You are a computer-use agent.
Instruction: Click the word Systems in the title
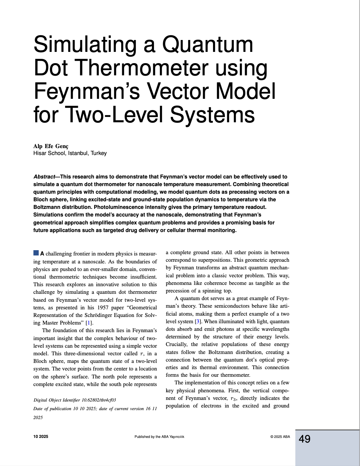click(x=212, y=115)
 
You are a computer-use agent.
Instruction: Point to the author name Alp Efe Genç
click(x=51, y=146)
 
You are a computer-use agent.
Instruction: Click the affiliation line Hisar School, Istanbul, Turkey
click(x=70, y=153)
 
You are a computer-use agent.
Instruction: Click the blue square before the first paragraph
click(x=36, y=253)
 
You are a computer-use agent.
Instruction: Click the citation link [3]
click(x=198, y=322)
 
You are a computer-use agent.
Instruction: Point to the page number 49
click(x=305, y=439)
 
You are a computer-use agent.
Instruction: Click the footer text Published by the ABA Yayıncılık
click(x=159, y=437)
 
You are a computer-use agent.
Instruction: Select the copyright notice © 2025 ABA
click(x=280, y=437)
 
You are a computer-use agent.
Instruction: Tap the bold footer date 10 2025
click(x=41, y=437)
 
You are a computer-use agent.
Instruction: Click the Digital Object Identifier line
click(x=75, y=400)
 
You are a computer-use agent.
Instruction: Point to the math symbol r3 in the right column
click(x=234, y=398)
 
